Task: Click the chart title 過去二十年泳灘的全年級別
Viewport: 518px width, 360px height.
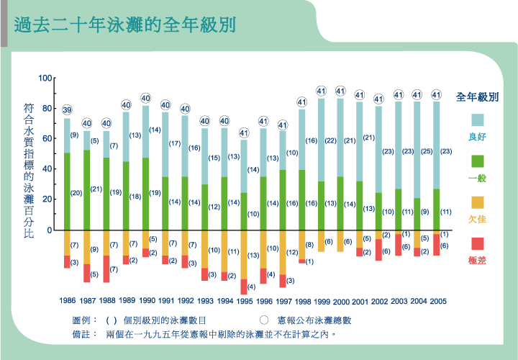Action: (x=125, y=24)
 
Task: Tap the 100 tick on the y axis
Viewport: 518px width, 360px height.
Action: (x=45, y=78)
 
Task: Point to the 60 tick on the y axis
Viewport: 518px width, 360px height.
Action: (x=47, y=138)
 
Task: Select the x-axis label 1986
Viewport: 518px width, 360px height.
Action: (x=67, y=300)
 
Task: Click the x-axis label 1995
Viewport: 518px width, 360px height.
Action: (x=244, y=300)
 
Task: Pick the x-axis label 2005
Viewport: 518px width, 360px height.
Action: (x=438, y=300)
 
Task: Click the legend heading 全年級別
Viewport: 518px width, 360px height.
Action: (x=478, y=96)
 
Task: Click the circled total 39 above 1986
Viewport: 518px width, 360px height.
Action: (x=67, y=110)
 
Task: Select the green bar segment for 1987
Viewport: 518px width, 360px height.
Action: (x=86, y=190)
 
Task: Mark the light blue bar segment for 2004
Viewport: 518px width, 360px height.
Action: (x=417, y=150)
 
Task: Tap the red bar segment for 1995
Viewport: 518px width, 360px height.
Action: (x=244, y=286)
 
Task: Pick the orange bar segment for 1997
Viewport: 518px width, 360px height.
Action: (x=283, y=253)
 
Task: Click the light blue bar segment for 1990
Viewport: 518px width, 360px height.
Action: (x=145, y=132)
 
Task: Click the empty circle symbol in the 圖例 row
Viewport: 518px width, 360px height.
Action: (x=264, y=320)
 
